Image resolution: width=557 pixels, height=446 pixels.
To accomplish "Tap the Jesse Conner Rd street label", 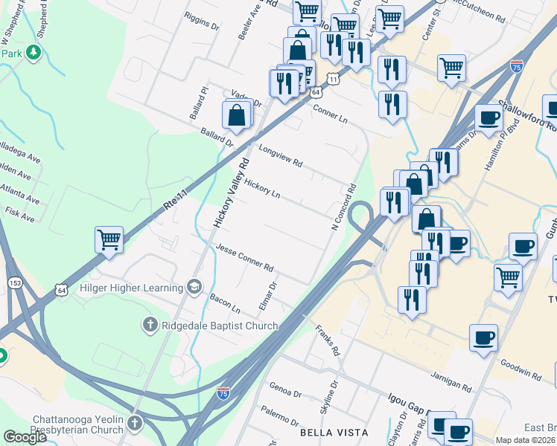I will click(x=245, y=257).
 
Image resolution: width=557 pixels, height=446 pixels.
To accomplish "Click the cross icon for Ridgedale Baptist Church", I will click(x=149, y=325).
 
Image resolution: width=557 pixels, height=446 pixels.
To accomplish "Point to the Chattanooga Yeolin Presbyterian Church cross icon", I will click(x=134, y=423).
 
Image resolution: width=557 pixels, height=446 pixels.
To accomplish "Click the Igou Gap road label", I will click(x=409, y=406).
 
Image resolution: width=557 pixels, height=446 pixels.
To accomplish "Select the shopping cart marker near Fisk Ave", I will click(x=109, y=240).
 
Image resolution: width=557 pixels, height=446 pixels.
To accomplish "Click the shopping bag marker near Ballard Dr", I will click(x=236, y=115).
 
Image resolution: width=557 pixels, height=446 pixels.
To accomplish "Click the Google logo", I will click(x=25, y=437).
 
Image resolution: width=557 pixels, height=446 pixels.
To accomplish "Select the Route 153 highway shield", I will click(x=16, y=283).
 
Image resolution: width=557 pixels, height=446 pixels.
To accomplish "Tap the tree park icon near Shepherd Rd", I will click(x=32, y=53).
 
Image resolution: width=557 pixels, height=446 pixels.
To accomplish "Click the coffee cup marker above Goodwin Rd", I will click(x=483, y=338).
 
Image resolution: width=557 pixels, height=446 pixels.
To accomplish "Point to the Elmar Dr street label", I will click(x=272, y=296).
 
